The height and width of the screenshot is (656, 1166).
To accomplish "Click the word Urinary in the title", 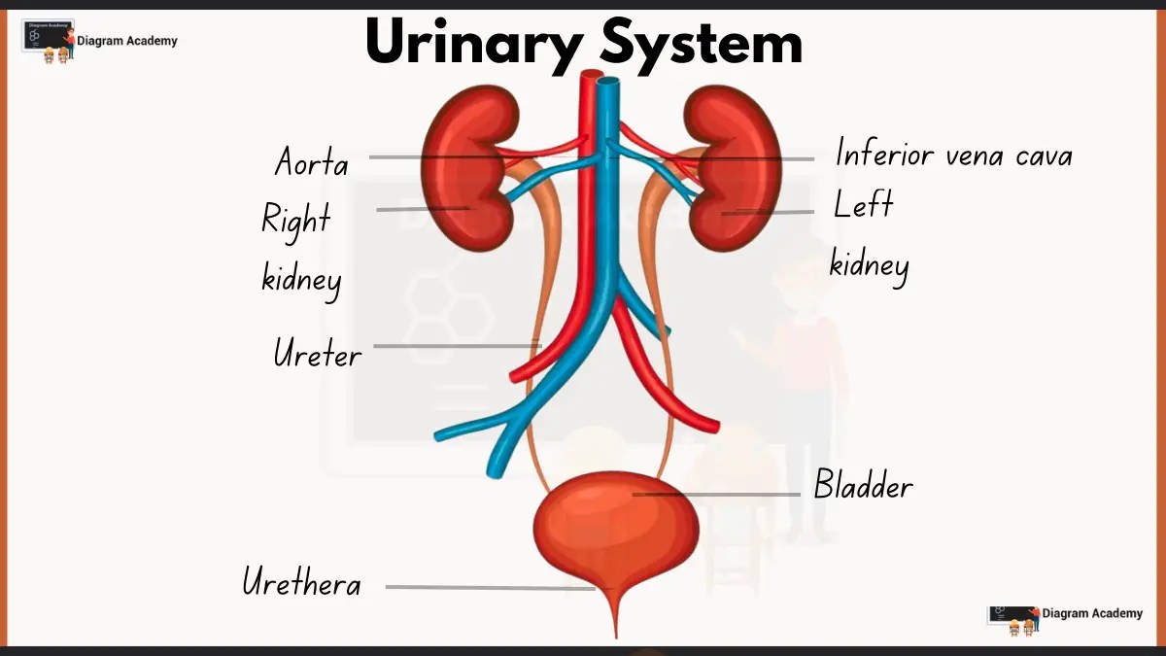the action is tap(471, 44).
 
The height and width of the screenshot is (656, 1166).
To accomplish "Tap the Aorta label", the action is tap(311, 161).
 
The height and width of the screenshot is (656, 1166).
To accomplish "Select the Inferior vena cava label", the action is tap(953, 154).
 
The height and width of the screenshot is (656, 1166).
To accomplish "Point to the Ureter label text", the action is tap(317, 353).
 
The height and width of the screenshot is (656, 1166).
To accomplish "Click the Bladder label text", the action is tap(863, 484).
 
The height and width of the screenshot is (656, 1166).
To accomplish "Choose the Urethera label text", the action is tap(301, 583).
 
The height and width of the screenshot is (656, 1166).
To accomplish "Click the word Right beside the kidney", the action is tap(295, 220).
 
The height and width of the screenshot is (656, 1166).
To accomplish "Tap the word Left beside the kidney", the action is tap(863, 205).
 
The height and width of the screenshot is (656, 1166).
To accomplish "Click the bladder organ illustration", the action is tap(615, 530).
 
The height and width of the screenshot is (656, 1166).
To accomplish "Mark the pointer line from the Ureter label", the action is tap(457, 345).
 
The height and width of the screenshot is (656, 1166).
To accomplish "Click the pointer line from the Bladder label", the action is tap(719, 494).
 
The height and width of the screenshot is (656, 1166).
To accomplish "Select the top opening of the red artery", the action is tap(589, 76).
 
